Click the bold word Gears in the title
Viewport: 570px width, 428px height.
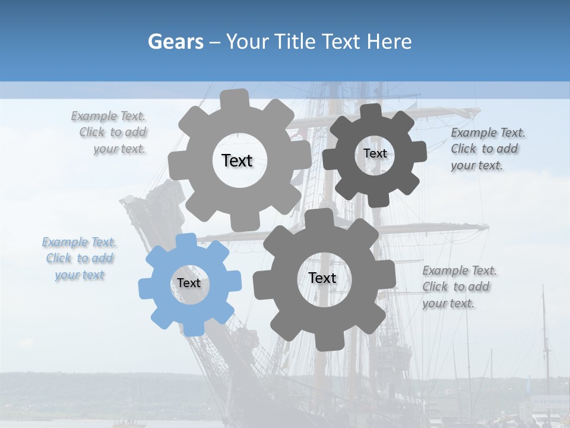(175, 42)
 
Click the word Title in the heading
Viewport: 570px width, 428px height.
(297, 42)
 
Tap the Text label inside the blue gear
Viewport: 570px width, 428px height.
(189, 283)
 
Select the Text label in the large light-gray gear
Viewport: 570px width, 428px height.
(237, 160)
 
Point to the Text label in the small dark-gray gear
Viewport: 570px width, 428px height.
(375, 153)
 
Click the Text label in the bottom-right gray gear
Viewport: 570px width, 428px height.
(322, 278)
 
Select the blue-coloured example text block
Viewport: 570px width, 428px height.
(80, 259)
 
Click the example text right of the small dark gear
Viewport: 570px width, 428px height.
(487, 149)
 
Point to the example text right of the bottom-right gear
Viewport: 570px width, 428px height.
(459, 287)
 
